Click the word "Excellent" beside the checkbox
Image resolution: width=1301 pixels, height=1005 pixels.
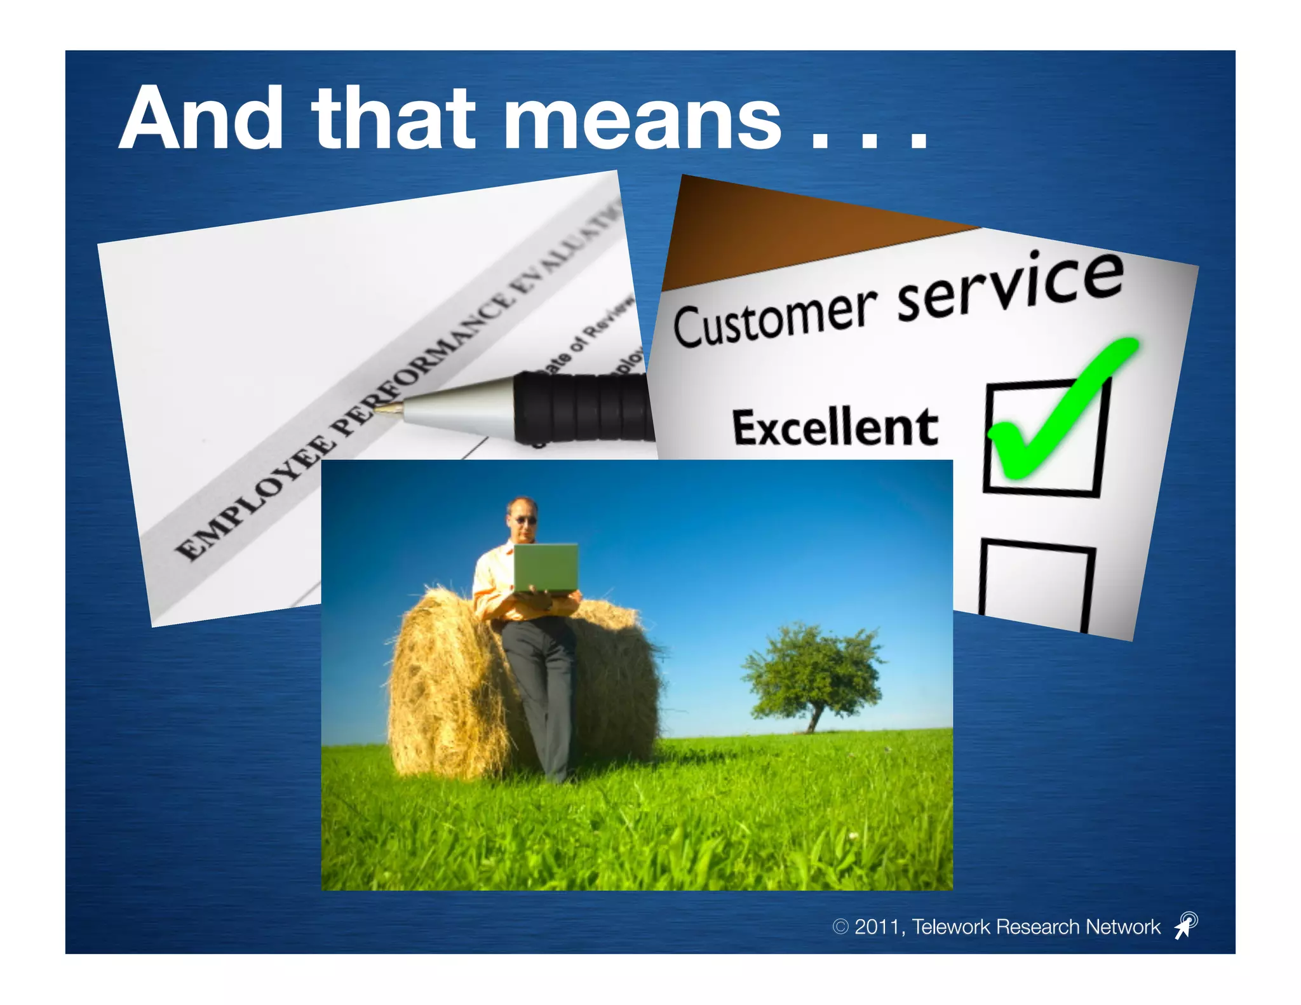(835, 427)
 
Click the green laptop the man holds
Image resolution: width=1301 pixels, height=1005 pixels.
(546, 567)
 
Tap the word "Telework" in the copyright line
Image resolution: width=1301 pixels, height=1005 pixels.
(951, 927)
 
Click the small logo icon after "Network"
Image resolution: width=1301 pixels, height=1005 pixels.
(1185, 925)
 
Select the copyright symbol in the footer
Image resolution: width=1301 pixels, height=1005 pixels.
(840, 927)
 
